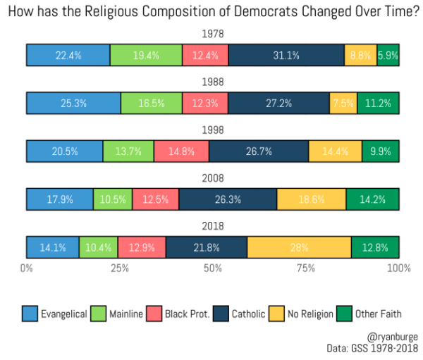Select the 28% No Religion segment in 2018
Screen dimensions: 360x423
click(299, 247)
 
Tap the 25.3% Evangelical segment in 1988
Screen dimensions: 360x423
click(73, 103)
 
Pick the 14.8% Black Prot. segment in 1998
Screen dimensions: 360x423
click(181, 151)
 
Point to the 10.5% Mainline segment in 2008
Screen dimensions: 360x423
click(113, 199)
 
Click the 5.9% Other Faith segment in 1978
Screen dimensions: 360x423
click(388, 55)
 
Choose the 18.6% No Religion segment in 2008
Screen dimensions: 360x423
click(311, 199)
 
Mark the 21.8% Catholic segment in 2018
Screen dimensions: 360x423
click(207, 247)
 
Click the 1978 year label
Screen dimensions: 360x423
click(213, 34)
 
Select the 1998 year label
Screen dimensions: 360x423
click(213, 130)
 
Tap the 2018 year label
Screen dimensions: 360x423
click(213, 226)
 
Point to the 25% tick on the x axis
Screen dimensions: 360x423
click(120, 268)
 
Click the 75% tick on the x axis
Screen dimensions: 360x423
click(306, 268)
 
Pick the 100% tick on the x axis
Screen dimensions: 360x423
click(398, 268)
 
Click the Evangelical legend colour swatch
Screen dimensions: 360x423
click(30, 314)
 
